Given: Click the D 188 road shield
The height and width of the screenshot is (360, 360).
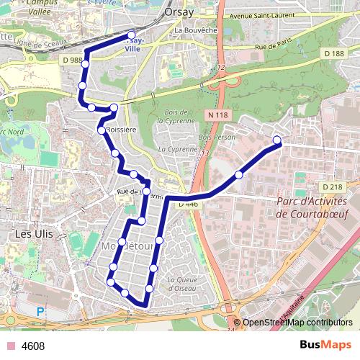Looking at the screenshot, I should pyautogui.click(x=334, y=54).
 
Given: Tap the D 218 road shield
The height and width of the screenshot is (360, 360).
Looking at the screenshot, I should pyautogui.click(x=333, y=187).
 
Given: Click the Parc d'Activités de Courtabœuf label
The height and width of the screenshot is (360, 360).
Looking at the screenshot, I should pyautogui.click(x=312, y=207).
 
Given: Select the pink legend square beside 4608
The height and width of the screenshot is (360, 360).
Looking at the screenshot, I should pyautogui.click(x=10, y=346).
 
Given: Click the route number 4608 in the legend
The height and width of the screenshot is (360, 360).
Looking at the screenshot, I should pyautogui.click(x=33, y=346).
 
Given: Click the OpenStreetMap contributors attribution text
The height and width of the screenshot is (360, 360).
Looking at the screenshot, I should pyautogui.click(x=297, y=323).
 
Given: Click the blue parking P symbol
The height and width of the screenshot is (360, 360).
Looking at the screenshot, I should pyautogui.click(x=41, y=312).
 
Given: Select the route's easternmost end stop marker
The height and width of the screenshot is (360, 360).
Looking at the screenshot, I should pyautogui.click(x=278, y=140).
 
